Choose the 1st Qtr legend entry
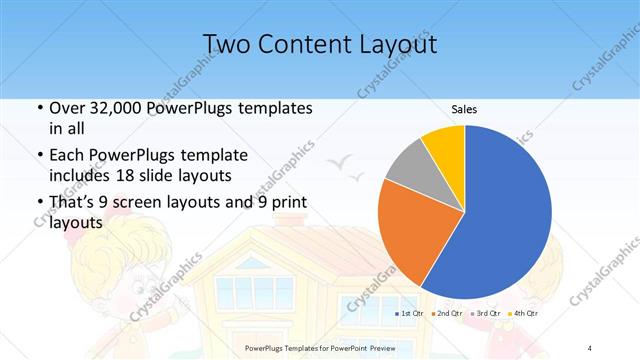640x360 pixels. pos(410,314)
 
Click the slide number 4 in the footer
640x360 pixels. pos(590,347)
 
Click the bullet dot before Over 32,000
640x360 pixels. pos(38,108)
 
